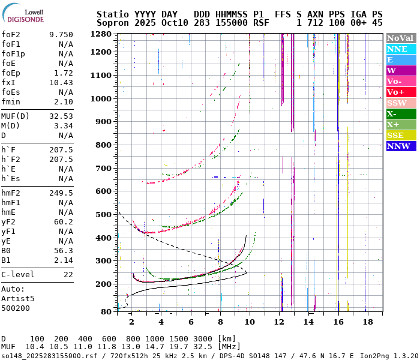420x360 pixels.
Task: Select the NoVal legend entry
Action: tap(401, 38)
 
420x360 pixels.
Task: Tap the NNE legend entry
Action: tap(401, 49)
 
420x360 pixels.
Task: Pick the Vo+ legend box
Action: tap(401, 92)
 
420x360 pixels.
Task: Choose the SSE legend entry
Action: tap(401, 135)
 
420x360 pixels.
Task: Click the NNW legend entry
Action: tap(401, 146)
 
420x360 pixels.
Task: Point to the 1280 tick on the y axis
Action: tap(101, 34)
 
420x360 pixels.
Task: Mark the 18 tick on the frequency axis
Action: tap(367, 322)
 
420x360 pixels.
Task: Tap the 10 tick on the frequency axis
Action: tap(250, 322)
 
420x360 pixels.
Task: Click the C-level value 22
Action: tap(68, 275)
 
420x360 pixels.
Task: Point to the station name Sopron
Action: tap(111, 22)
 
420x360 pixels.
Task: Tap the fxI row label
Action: tap(8, 83)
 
